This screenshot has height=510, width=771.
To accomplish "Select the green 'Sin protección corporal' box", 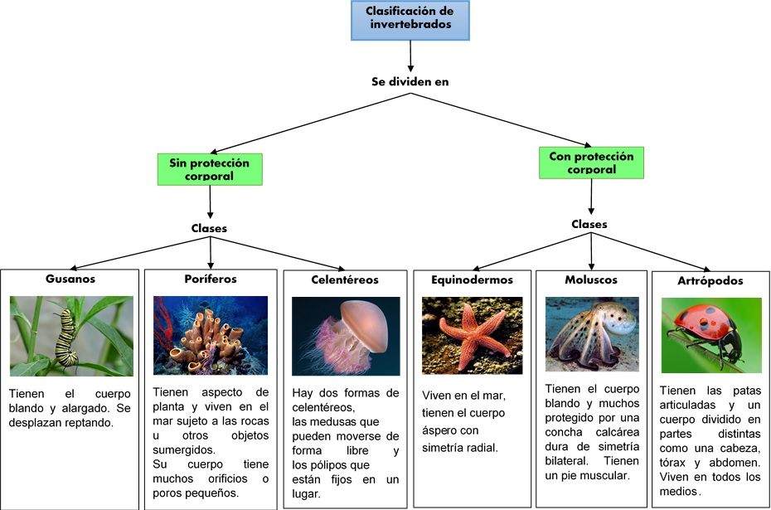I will pyautogui.click(x=210, y=169).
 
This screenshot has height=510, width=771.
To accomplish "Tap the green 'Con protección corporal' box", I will pyautogui.click(x=591, y=163).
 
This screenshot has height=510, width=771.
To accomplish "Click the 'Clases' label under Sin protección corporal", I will pyautogui.click(x=210, y=228).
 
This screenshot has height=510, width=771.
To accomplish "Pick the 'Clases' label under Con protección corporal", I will pyautogui.click(x=589, y=224).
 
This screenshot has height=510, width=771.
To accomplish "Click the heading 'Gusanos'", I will pyautogui.click(x=71, y=279).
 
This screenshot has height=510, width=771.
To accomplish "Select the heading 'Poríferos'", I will pyautogui.click(x=210, y=279).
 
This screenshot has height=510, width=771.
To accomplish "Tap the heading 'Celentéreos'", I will pyautogui.click(x=347, y=280).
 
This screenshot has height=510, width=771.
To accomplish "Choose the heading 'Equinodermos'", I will pyautogui.click(x=472, y=280).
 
